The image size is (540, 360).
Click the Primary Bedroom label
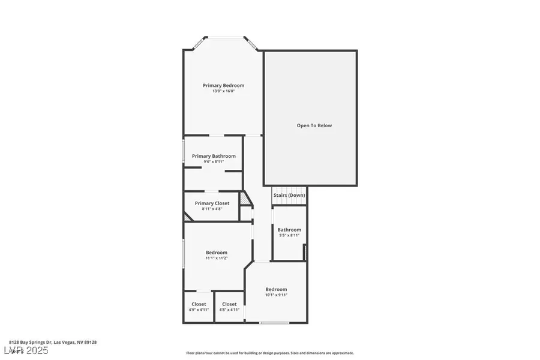click(223, 85)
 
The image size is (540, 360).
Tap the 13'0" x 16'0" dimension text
click(223, 91)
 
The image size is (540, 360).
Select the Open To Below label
click(314, 125)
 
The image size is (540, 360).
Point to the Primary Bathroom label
click(214, 156)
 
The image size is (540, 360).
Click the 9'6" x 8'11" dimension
click(214, 161)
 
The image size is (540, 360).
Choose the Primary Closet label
click(212, 203)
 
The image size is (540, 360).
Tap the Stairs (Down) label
click(289, 195)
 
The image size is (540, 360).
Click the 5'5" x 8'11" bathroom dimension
click(289, 235)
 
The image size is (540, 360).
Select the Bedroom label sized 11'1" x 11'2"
click(217, 252)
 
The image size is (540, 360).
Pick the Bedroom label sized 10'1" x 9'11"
click(276, 289)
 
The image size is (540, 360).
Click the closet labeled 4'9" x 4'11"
click(199, 304)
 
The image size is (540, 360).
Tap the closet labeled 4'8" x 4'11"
click(229, 304)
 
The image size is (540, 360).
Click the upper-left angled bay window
click(198, 43)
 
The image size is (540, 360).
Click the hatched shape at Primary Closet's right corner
click(244, 198)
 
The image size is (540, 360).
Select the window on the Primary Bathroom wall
click(184, 151)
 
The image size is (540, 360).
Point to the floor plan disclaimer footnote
click(270, 353)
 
